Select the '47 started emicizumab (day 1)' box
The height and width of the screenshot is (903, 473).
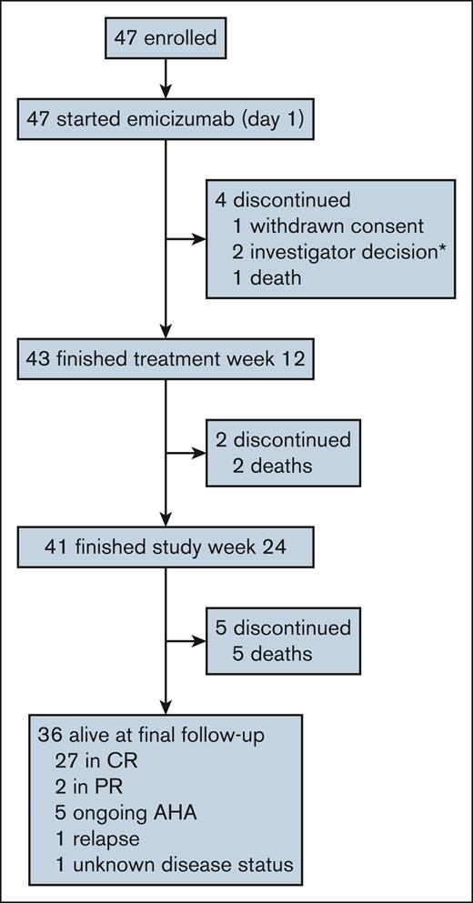[x=164, y=118]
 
